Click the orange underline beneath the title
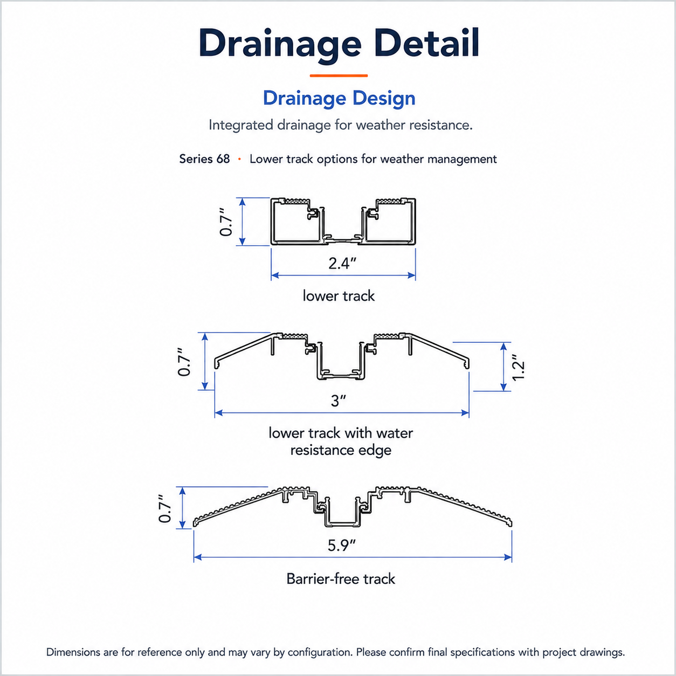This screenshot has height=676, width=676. coord(339,75)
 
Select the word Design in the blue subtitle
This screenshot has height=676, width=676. coord(384,99)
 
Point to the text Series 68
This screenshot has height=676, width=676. coord(204,159)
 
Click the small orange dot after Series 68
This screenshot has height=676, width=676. coord(239,159)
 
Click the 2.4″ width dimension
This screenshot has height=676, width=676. coord(342,264)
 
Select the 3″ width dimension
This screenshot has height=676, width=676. coord(338,401)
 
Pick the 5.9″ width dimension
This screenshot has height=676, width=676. coord(342,545)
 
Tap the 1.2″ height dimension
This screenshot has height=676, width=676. coord(519,367)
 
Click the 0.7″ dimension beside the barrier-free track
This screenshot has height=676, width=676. coord(165,509)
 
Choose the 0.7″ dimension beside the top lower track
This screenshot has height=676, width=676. coord(226,222)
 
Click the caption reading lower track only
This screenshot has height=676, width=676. coord(339,296)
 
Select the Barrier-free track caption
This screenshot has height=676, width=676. coord(341,579)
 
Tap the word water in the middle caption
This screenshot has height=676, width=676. coord(395,433)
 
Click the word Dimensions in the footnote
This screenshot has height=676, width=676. coord(73,652)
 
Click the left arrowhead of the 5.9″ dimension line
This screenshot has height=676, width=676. coord(197,557)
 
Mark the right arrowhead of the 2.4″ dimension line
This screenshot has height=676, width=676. coord(412,275)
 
